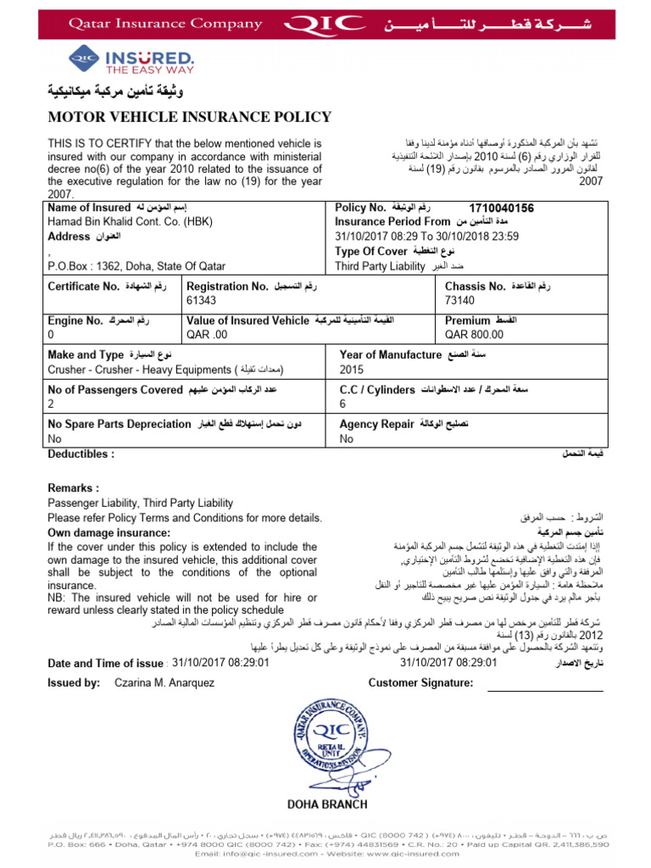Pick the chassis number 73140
[x=459, y=300]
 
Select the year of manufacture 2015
[x=351, y=369]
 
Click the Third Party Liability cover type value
[x=380, y=266]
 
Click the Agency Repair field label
[x=376, y=424]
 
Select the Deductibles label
[x=81, y=454]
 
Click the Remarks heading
[x=74, y=488]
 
